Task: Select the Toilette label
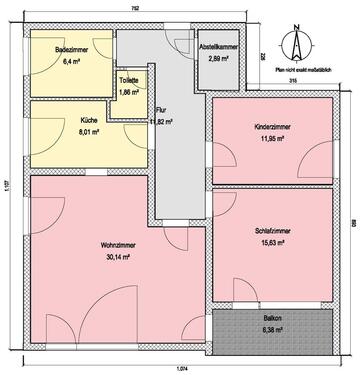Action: (x=129, y=81)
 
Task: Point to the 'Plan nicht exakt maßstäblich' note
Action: (x=296, y=70)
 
